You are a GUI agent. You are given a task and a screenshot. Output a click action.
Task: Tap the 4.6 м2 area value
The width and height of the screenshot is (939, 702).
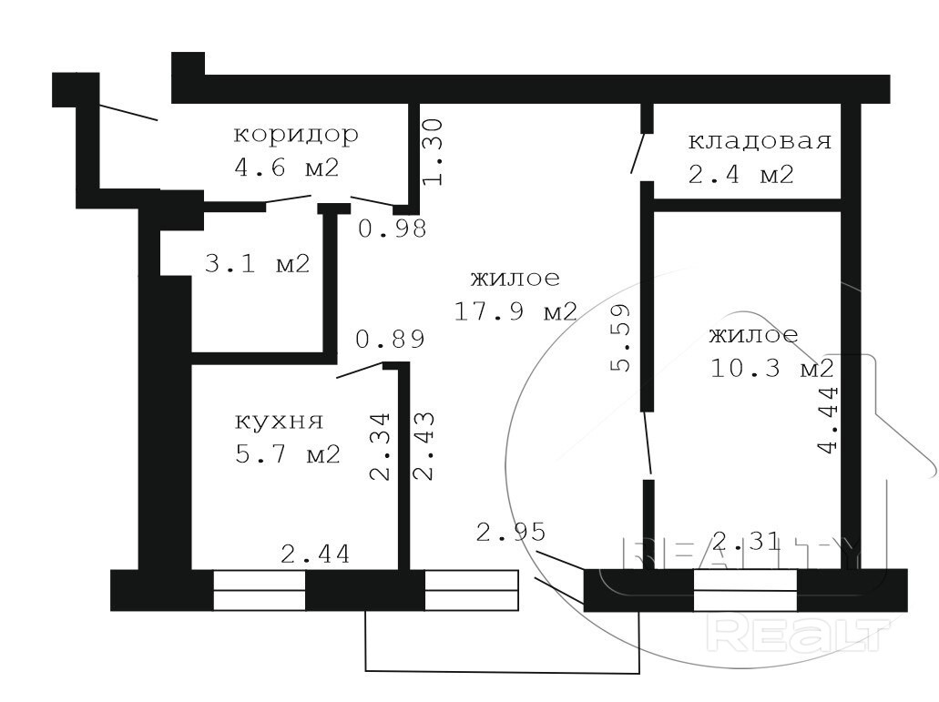(x=287, y=168)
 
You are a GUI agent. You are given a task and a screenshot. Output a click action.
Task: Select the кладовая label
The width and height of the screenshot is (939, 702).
(x=760, y=141)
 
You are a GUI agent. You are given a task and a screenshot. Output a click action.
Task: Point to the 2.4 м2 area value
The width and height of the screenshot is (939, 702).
(x=740, y=174)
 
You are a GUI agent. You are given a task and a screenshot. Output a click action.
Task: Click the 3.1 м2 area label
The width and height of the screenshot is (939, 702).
(x=258, y=263)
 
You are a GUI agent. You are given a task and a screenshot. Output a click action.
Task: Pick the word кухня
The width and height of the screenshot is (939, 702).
(x=279, y=422)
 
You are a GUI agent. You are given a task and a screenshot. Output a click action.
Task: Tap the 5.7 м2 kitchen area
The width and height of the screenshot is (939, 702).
(x=288, y=454)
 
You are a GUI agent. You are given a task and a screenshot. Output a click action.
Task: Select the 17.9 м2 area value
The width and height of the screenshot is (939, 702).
(x=515, y=311)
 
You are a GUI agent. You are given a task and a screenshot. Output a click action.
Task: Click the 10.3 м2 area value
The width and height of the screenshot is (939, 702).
(x=772, y=368)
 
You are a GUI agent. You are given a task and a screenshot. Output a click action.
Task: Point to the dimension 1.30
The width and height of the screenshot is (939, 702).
(x=433, y=151)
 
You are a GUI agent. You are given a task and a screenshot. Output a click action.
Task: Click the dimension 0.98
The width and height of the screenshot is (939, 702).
(x=393, y=228)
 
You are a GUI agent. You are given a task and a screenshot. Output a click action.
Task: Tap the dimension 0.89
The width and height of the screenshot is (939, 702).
(x=391, y=340)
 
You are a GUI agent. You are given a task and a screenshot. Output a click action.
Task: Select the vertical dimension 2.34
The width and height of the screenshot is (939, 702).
(x=380, y=446)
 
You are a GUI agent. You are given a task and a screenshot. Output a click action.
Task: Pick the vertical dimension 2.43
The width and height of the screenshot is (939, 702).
(x=424, y=446)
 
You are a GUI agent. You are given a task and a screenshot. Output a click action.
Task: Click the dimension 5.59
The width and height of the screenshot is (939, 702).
(x=621, y=338)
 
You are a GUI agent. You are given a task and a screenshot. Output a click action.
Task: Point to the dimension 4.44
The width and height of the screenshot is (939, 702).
(x=829, y=421)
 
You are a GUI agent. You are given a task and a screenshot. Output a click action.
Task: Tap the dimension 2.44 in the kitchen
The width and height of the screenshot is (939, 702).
(x=315, y=554)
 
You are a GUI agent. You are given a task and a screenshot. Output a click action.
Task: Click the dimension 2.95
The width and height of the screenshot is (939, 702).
(x=511, y=532)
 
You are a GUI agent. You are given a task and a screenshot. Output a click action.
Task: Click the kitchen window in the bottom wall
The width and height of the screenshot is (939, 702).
(x=260, y=591)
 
